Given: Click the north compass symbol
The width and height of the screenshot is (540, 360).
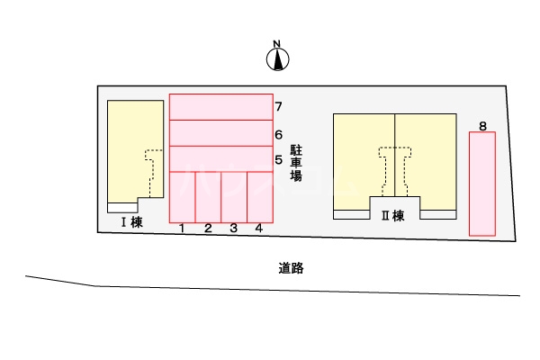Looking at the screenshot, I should pos(277,58).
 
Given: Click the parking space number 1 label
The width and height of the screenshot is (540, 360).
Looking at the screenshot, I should pos(182,229).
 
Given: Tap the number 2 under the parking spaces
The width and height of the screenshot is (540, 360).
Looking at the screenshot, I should pos(208,229).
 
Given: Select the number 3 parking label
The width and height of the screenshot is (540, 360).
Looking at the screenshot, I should pos(233,229).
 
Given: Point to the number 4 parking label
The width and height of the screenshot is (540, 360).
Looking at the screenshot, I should pos(259,229).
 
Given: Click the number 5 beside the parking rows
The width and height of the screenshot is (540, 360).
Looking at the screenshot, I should pos(279,160).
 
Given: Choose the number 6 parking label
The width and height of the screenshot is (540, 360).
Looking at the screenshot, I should pos(279,135).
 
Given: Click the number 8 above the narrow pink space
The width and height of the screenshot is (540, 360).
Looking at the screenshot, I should pos(483,126).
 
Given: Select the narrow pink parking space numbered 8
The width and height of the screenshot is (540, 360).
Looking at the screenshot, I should pos(482,184).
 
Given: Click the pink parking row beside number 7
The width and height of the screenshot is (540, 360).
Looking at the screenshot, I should pos(220,107).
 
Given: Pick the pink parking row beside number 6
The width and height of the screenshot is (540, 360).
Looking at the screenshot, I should pos(220,132).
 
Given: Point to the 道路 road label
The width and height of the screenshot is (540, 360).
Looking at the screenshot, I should pos(288,267).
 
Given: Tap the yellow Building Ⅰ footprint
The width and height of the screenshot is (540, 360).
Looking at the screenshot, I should pos(126,148).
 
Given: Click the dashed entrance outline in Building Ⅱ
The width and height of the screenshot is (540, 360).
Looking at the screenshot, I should pos(394,169).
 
